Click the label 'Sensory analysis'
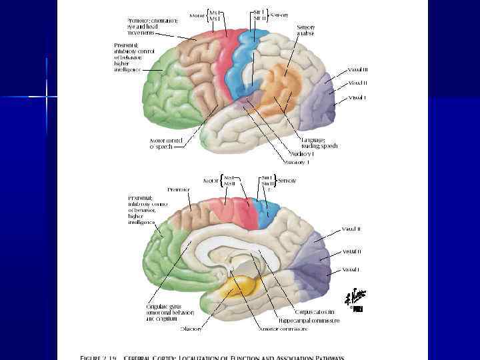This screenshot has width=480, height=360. pyautogui.click(x=306, y=30)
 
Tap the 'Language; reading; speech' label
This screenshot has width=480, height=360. pyautogui.click(x=319, y=143)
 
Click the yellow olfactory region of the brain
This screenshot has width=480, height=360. pyautogui.click(x=239, y=288)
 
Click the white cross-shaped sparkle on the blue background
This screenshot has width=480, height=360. pyautogui.click(x=47, y=97)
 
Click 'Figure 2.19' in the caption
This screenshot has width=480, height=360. pyautogui.click(x=101, y=357)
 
